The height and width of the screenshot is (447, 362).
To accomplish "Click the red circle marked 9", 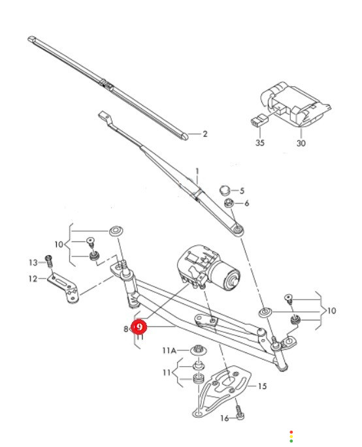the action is point(139,327).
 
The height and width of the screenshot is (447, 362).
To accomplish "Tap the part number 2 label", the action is point(205,134).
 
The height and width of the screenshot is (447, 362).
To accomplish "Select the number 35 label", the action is point(260,142).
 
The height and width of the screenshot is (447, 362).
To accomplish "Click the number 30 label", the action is point(301,143).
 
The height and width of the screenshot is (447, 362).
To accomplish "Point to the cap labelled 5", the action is point(225,190).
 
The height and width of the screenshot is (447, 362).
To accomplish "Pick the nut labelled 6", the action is point(229,203).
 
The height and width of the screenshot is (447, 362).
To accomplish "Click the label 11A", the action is point(169,350).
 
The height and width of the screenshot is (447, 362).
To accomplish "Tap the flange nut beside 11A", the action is point(199,350).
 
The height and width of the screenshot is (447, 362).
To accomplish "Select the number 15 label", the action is point(262,386).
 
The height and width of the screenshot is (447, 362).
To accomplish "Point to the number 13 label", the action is point(33,262).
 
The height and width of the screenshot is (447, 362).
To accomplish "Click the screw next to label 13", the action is point(49,262).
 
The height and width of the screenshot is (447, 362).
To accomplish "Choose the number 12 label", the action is point(33,279).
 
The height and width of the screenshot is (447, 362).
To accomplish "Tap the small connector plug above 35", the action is point(259,121).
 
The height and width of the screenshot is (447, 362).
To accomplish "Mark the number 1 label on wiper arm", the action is point(197,172).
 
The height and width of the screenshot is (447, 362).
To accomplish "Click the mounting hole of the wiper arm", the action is point(239,229).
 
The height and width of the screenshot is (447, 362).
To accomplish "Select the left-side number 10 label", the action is point(59,244).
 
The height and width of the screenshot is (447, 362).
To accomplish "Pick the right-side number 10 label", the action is point(331,311).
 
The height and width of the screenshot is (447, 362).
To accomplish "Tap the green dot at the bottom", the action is point(291,441).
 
